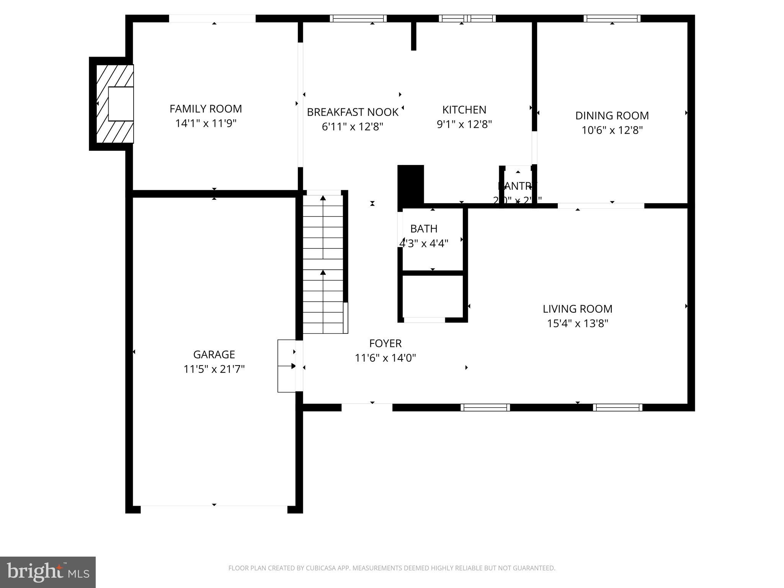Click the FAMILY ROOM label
(x=206, y=109)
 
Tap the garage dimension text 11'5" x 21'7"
(x=214, y=369)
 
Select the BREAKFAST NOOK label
(x=353, y=112)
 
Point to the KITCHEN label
(x=464, y=110)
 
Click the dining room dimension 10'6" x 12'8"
(x=612, y=130)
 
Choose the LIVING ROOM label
(x=577, y=309)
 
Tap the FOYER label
(x=385, y=343)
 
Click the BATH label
(x=423, y=229)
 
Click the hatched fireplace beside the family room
(x=114, y=104)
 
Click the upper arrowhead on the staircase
(x=323, y=198)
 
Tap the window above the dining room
(x=612, y=18)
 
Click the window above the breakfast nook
(x=358, y=18)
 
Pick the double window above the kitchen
(x=467, y=18)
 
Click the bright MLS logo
(x=48, y=572)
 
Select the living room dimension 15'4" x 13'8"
(x=577, y=323)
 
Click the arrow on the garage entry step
(x=293, y=366)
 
